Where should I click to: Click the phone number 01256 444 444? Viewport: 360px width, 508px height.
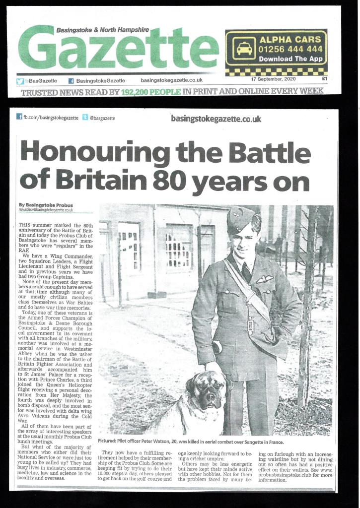click(x=290, y=49)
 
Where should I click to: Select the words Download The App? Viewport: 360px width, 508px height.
click(x=290, y=59)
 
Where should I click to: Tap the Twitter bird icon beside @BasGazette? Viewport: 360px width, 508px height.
click(x=20, y=81)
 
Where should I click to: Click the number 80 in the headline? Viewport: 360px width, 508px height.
click(x=169, y=182)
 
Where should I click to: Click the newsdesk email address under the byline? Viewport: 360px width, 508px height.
click(x=46, y=210)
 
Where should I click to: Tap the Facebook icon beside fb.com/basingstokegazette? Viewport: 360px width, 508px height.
click(x=19, y=117)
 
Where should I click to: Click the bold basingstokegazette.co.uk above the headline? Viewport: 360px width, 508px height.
click(x=216, y=119)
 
